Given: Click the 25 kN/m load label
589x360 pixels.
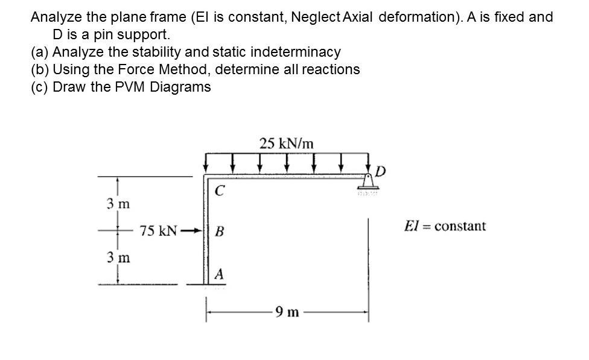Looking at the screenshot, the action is point(287,144).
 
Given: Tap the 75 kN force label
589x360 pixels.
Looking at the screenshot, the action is point(158,231).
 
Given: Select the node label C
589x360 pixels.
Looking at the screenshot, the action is point(220,192).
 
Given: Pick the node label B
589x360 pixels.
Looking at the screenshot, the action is point(220,231).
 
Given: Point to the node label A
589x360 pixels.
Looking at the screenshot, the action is point(220,274).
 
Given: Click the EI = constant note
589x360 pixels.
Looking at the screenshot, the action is point(445,226).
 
